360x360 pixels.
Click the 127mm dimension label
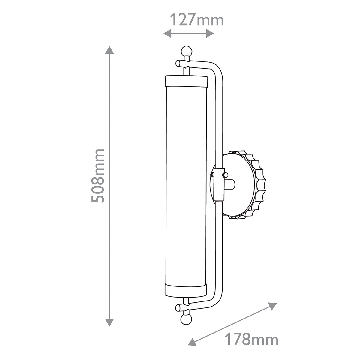click(x=197, y=19)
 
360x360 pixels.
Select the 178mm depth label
click(x=251, y=340)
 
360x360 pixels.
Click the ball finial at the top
click(x=186, y=51)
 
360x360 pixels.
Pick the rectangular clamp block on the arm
click(x=219, y=184)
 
